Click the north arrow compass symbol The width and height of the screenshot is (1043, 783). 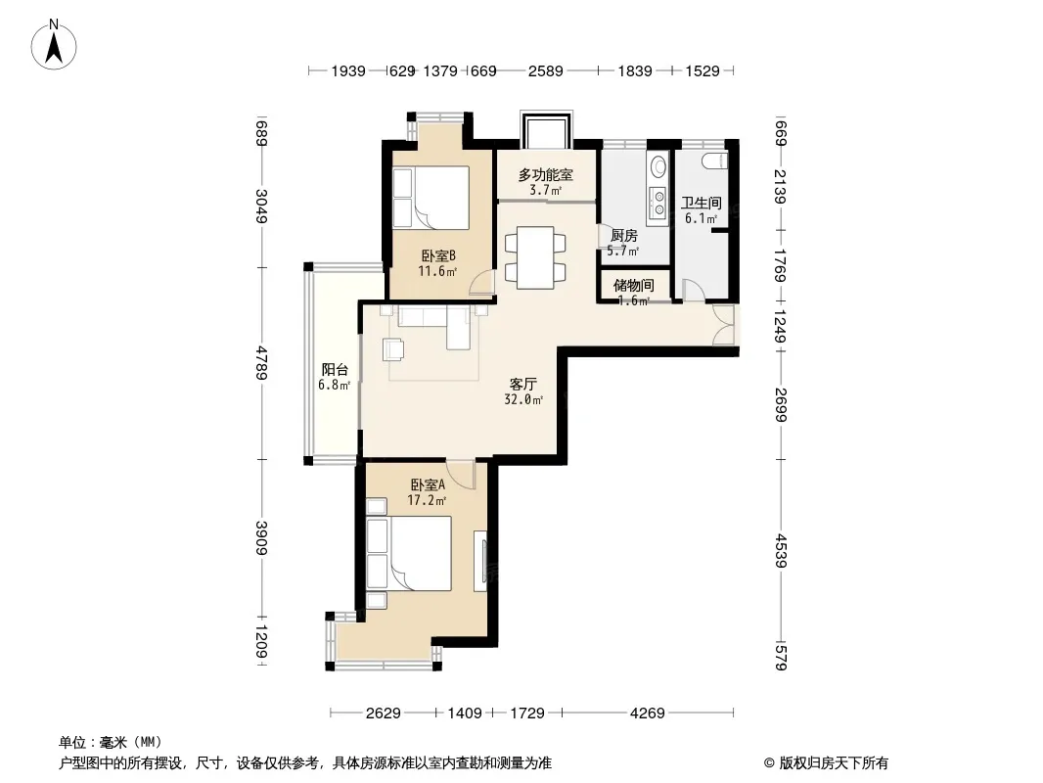point(54,45)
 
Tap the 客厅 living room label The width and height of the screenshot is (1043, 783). point(523,384)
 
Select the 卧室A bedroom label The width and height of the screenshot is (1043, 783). point(427,484)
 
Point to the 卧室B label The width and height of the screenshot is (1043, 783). point(437,255)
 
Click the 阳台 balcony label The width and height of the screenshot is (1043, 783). point(335,369)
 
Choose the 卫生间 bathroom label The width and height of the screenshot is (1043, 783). point(702,203)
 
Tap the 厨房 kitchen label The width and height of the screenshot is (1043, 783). point(624,236)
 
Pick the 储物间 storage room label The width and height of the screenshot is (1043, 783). point(633,286)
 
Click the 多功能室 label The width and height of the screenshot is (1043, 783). point(545,175)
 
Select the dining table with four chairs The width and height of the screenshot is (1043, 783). point(535,257)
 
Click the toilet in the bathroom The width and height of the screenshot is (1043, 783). point(714,161)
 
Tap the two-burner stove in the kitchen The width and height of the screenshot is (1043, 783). point(658,203)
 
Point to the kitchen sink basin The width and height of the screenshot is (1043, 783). point(658,165)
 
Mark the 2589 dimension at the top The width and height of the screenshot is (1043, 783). point(545,70)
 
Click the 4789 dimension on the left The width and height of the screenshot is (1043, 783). point(261,362)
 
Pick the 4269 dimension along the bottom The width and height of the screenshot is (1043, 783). point(647,714)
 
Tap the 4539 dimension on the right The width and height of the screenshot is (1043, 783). point(781,551)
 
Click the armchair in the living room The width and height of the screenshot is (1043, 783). point(393,349)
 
